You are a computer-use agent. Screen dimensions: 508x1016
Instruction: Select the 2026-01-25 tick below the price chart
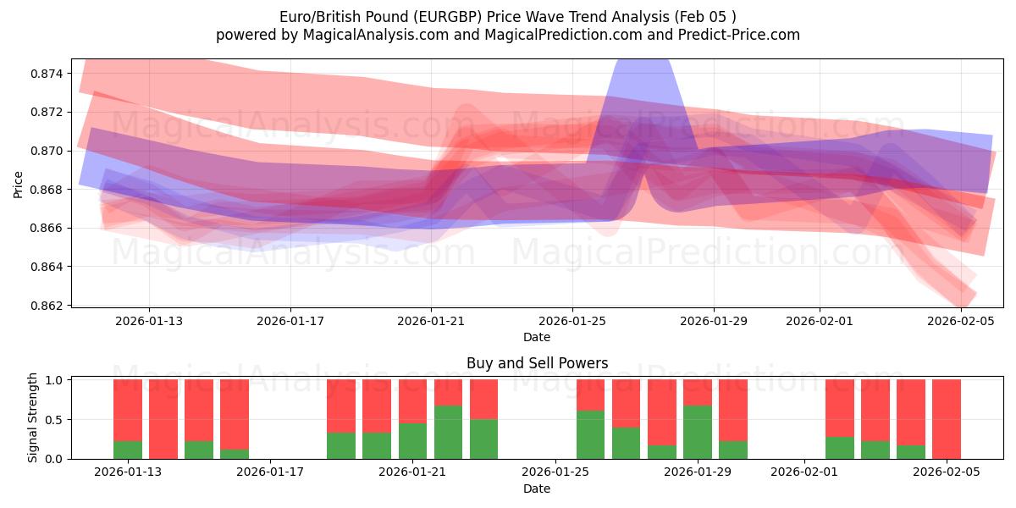(x=571, y=321)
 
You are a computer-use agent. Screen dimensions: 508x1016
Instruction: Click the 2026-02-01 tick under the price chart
(x=819, y=321)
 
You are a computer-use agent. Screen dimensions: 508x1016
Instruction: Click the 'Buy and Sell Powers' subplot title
(x=537, y=363)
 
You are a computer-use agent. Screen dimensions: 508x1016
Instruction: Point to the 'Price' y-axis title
(x=19, y=184)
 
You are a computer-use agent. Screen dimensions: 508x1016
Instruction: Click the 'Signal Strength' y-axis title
(x=32, y=417)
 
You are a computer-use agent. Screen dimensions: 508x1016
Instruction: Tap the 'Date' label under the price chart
(x=537, y=337)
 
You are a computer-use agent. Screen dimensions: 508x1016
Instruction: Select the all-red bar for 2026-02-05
(x=947, y=419)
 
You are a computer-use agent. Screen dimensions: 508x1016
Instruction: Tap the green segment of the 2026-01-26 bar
(x=591, y=434)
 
